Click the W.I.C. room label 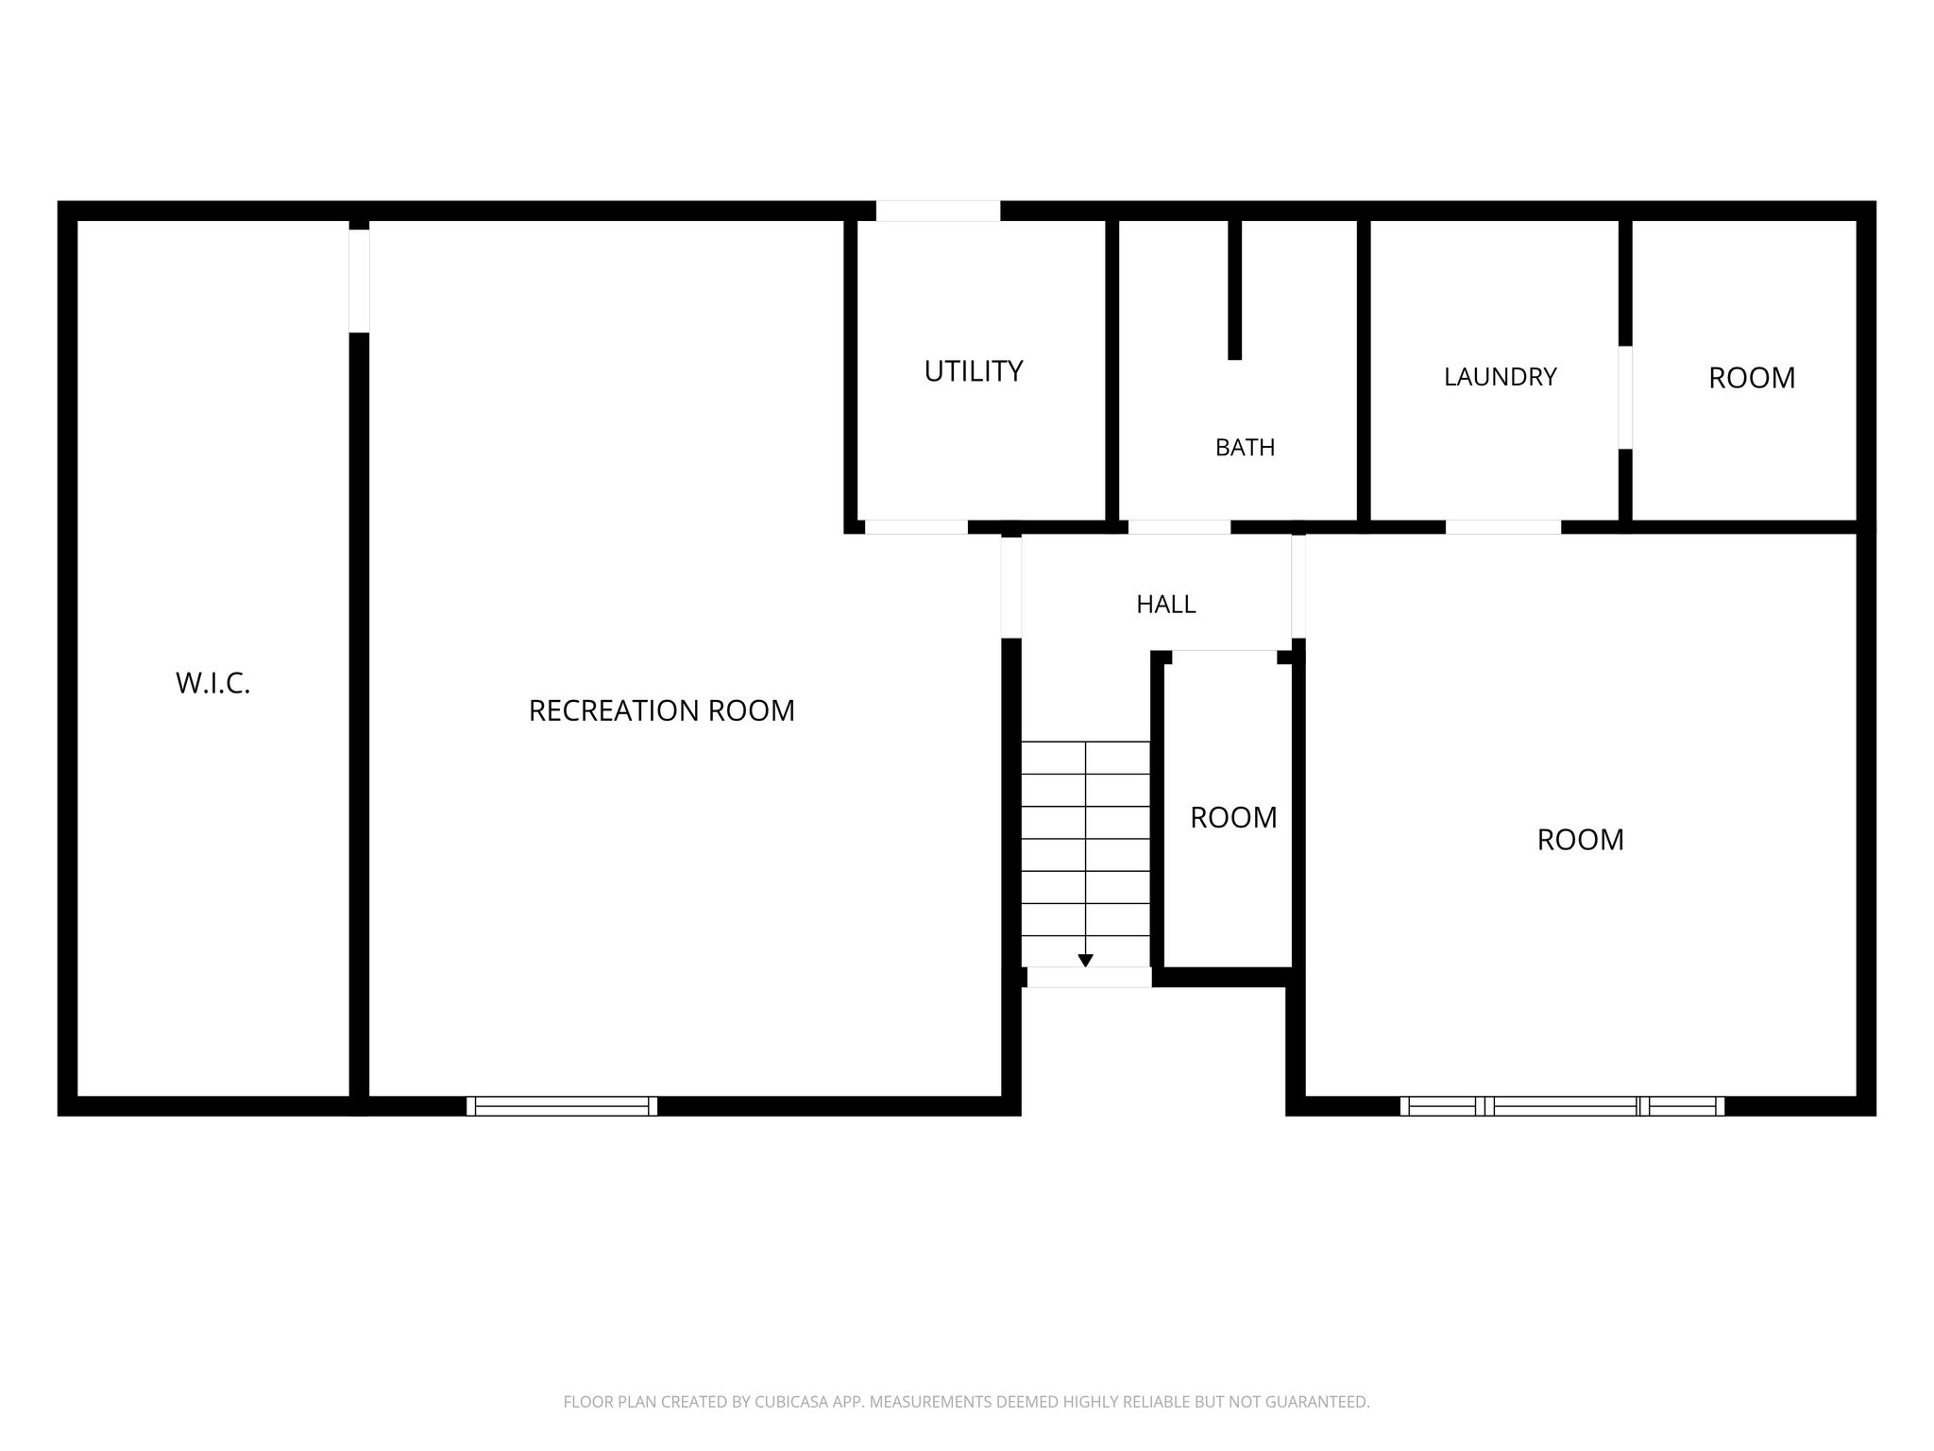click(213, 683)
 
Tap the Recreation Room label click(661, 710)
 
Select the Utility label click(974, 371)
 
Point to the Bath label click(1245, 447)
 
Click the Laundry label click(1500, 377)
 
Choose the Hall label click(1165, 605)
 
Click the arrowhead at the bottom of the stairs click(1085, 961)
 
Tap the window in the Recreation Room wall click(562, 1106)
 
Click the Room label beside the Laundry click(1752, 378)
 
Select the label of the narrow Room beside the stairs click(1233, 817)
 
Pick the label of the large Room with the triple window click(1580, 840)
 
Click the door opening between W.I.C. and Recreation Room click(359, 281)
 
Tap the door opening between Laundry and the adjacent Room click(1625, 398)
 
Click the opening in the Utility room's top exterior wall click(938, 211)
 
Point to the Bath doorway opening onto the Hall click(1179, 527)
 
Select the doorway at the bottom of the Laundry click(1503, 527)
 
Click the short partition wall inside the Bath click(1234, 289)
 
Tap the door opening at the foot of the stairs click(1089, 978)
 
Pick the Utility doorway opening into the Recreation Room click(916, 527)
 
